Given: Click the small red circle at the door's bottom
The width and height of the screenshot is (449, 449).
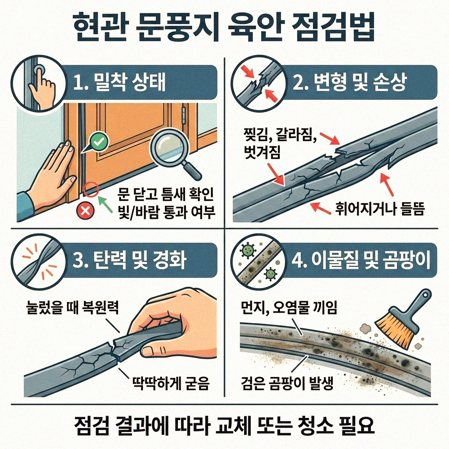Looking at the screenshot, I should click(x=90, y=189).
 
